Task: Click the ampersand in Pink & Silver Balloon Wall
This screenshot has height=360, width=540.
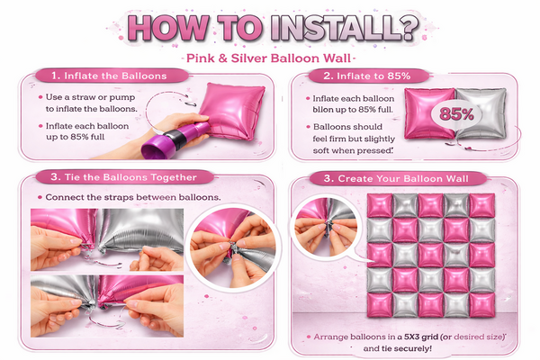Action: [x=223, y=58]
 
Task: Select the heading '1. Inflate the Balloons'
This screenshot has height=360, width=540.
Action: [x=109, y=76]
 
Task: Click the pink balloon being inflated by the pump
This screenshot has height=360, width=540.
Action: [x=232, y=110]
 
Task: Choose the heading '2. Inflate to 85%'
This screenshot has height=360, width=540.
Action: [x=367, y=76]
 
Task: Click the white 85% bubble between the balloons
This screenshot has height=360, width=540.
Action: [x=456, y=114]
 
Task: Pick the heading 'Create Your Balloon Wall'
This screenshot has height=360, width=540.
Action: [x=403, y=178]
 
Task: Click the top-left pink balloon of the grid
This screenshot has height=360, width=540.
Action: [x=380, y=206]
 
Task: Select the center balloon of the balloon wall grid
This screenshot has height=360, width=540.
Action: [x=431, y=256]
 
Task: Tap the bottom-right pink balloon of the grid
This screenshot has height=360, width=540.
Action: [x=482, y=305]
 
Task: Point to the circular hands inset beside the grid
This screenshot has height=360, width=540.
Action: [x=326, y=228]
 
